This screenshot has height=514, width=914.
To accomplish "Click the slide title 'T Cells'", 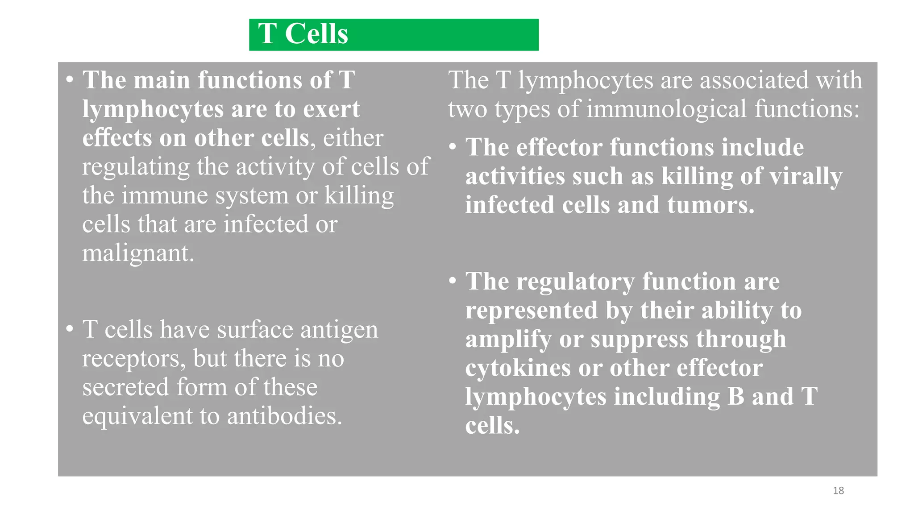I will point(303,34).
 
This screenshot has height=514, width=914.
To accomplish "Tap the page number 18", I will point(838,491).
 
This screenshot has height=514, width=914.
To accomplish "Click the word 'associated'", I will point(755,80).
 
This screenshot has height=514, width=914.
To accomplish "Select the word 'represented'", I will point(531,311).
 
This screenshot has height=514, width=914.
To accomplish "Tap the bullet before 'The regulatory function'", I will point(453,281).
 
